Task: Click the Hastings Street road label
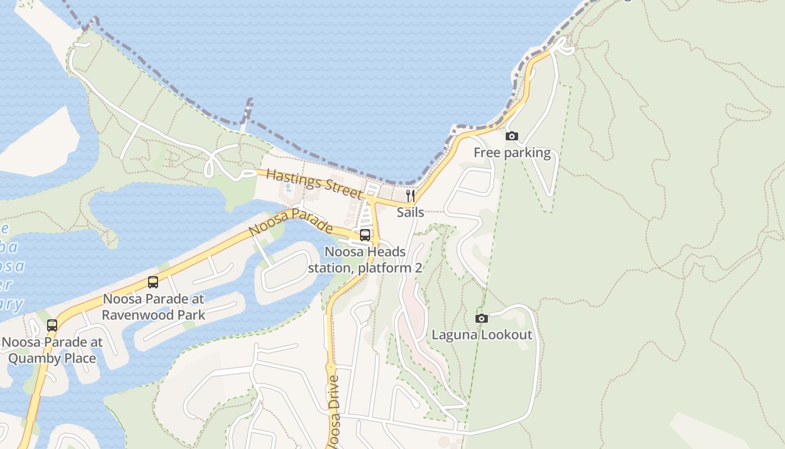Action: coord(314,183)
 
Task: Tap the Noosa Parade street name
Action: coord(290,223)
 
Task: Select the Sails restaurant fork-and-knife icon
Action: coord(410,195)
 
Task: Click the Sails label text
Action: coord(410,212)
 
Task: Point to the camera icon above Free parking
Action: coord(511,136)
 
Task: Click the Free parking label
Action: coord(512,153)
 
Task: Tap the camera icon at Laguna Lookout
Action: coord(481,318)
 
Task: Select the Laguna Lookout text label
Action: coord(482,335)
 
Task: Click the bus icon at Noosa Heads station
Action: coord(365,235)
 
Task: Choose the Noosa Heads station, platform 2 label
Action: coord(364,260)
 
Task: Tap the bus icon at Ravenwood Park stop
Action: coord(153,282)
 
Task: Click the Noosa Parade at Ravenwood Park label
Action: coord(153,306)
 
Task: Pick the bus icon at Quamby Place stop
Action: coord(52,325)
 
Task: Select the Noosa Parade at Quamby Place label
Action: coord(52,350)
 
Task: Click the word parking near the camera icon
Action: coord(527,153)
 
